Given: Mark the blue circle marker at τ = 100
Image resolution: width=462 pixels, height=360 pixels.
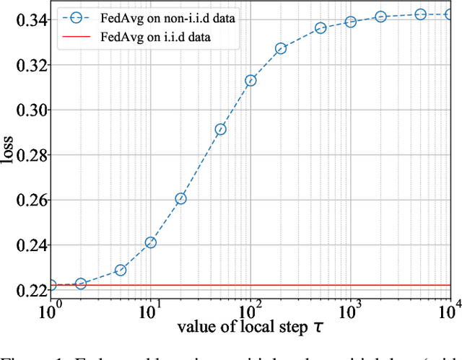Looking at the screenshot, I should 250,81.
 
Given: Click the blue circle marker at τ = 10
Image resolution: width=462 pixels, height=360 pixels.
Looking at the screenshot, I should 151,242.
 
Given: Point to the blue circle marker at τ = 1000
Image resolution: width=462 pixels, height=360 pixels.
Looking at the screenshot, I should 351,22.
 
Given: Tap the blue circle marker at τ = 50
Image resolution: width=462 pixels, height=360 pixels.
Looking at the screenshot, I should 221,129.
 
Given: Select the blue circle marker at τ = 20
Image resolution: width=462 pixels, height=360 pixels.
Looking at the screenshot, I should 180,198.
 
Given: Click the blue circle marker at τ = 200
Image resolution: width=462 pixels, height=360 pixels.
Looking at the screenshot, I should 281,48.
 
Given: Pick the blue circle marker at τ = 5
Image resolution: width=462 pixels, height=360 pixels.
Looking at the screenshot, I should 121,270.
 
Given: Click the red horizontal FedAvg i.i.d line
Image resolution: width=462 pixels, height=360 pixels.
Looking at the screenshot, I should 289,285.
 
